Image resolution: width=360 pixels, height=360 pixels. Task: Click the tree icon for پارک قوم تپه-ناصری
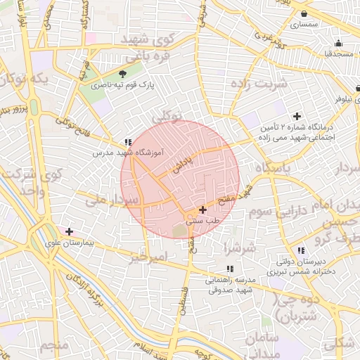pyautogui.click(x=124, y=74)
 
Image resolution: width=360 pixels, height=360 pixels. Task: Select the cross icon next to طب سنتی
pyautogui.click(x=203, y=210)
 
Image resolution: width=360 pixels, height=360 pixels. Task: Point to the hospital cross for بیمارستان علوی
pyautogui.click(x=69, y=231)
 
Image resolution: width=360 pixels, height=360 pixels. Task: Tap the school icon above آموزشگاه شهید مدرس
pyautogui.click(x=128, y=141)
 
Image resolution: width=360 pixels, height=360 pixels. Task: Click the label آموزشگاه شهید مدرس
pyautogui.click(x=128, y=152)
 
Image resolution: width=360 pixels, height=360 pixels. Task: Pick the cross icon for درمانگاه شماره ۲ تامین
pyautogui.click(x=297, y=116)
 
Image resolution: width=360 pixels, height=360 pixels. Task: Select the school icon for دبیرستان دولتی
pyautogui.click(x=301, y=251)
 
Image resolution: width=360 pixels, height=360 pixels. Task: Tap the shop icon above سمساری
pyautogui.click(x=304, y=14)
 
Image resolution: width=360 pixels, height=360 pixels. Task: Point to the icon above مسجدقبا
pyautogui.click(x=338, y=42)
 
